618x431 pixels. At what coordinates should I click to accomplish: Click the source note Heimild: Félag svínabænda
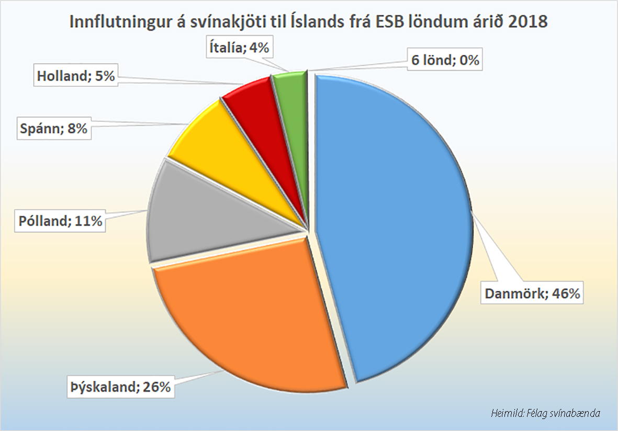click(545, 413)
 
